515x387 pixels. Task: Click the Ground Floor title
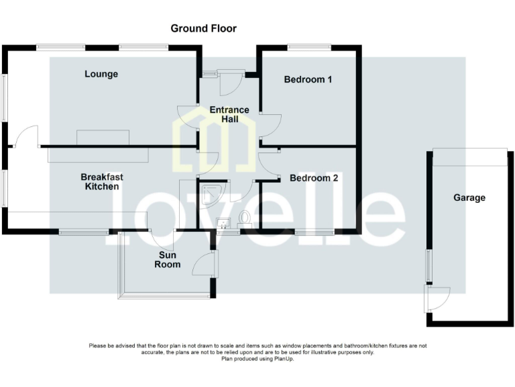[203, 28]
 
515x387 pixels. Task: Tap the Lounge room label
[101, 74]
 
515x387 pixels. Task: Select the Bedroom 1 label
[308, 79]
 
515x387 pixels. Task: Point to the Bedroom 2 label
[313, 178]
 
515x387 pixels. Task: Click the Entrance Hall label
[229, 114]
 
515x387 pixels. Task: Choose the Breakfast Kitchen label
[102, 181]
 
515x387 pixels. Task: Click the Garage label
[469, 198]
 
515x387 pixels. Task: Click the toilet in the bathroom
[244, 218]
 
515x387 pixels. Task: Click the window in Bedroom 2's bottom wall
[314, 232]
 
